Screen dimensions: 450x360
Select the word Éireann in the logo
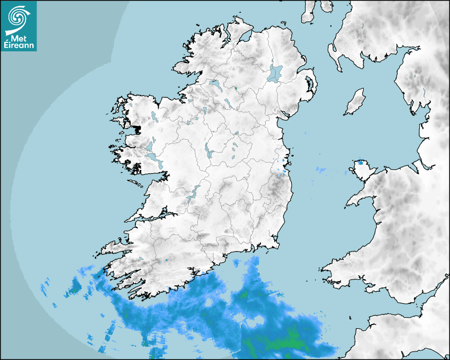point(18,46)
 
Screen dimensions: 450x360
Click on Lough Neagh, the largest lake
point(275,73)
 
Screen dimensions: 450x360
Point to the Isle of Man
point(355,102)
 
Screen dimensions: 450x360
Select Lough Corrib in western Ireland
point(154,158)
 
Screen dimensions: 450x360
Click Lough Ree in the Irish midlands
point(208,151)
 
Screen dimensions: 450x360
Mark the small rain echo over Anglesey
point(361,163)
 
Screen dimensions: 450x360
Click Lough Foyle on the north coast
point(244,37)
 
